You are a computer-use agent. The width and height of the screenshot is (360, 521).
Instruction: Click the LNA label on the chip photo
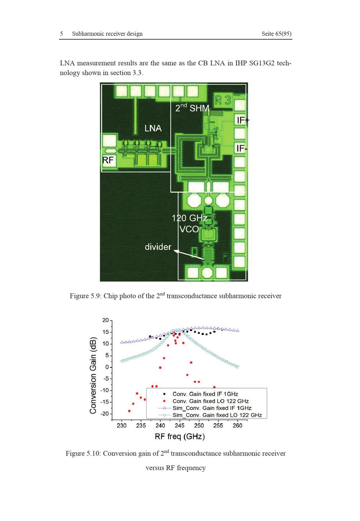point(153,128)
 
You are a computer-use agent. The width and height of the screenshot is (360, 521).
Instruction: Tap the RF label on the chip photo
point(108,160)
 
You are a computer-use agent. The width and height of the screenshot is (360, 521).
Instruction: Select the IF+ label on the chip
point(243,120)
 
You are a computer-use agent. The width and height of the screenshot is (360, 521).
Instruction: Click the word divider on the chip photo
point(158,247)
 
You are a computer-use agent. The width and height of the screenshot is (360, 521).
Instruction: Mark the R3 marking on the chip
point(223,100)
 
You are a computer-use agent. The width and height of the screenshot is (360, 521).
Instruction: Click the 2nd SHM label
point(192,108)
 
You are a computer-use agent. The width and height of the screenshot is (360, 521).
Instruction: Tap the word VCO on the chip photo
point(189,229)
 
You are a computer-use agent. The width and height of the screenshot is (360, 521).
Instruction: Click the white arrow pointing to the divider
point(189,255)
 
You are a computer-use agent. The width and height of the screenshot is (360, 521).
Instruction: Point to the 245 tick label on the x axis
point(179,425)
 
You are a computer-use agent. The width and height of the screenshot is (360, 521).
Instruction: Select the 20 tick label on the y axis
point(105,320)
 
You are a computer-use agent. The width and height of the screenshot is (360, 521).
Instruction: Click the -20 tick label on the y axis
point(104,413)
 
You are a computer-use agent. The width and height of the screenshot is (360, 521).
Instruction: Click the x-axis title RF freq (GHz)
point(180,436)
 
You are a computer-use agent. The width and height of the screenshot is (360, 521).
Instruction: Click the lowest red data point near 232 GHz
point(129,411)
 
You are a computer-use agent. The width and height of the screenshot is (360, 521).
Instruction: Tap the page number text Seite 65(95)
point(276,34)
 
